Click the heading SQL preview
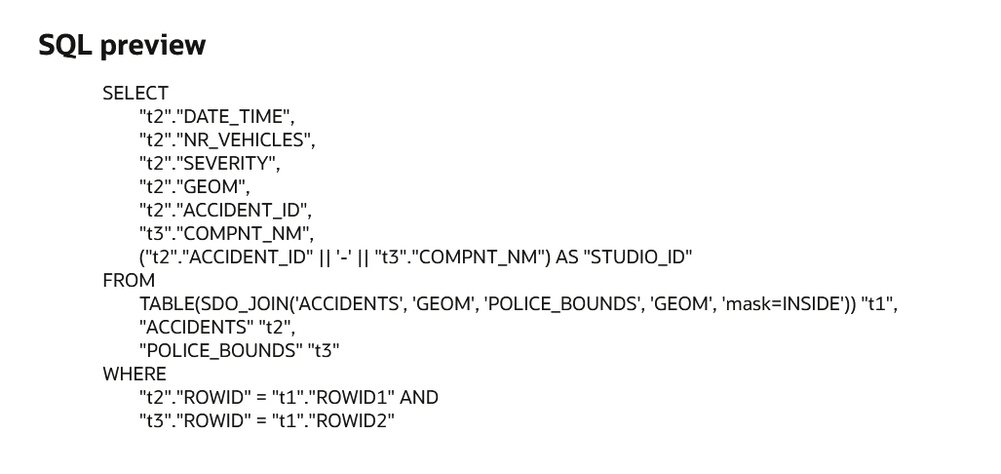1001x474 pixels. click(x=122, y=46)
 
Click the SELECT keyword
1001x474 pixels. click(x=135, y=94)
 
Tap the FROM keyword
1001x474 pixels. click(x=129, y=281)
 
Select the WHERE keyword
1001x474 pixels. click(x=135, y=374)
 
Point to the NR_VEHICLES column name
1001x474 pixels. click(x=244, y=139)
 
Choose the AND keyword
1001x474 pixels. click(x=419, y=397)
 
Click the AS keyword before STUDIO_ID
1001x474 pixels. click(x=566, y=257)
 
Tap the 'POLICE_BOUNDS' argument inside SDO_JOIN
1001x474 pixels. click(x=562, y=304)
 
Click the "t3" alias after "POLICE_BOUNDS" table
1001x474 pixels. click(x=324, y=351)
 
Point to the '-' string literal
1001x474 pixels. click(x=344, y=257)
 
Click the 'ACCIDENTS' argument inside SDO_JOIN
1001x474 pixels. click(x=349, y=304)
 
